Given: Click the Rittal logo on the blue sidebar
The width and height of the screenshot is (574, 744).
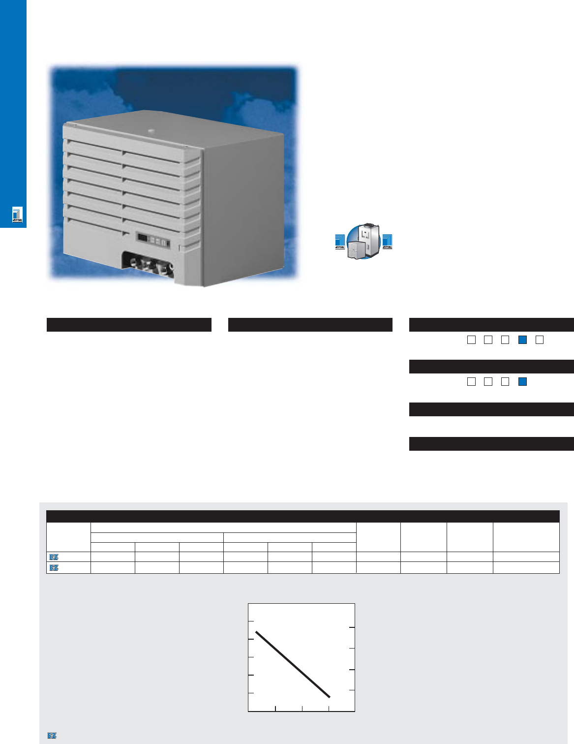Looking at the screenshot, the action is [18, 215].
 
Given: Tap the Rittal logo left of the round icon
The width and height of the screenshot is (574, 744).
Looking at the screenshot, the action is [340, 241].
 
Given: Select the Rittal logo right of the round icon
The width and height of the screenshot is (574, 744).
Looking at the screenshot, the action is [388, 241].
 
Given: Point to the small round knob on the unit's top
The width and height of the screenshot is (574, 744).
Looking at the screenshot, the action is [151, 131].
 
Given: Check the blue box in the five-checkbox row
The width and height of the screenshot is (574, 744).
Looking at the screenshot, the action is [523, 340].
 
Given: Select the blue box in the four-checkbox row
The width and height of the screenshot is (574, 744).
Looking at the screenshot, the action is [523, 381].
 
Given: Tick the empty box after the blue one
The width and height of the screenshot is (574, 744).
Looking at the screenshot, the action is [540, 340].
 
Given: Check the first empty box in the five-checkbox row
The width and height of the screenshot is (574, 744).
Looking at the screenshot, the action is [471, 340].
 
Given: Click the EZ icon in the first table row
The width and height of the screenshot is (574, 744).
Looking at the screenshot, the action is [54, 557].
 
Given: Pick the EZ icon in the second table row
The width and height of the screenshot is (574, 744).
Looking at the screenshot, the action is [54, 568].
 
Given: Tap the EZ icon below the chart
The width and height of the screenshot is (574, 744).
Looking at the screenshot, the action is [52, 736].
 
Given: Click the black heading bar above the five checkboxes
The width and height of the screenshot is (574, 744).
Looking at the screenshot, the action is [491, 325].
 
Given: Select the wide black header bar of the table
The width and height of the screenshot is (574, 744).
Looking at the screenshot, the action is [302, 516].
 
